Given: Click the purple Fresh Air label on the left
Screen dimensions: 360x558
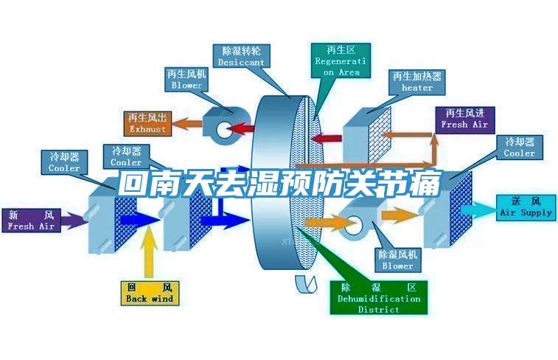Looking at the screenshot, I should click(x=31, y=221).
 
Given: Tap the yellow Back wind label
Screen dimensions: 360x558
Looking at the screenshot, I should click(x=149, y=292).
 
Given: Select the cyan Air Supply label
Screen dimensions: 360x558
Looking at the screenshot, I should click(x=525, y=206).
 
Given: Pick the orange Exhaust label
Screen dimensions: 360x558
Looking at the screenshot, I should click(x=148, y=123).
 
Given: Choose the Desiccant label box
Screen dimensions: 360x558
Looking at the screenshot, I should click(x=241, y=56).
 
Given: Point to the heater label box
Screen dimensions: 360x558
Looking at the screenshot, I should click(x=417, y=81).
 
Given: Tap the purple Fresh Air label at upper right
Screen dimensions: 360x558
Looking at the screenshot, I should click(x=464, y=118).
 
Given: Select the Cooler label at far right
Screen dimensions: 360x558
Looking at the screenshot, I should click(x=519, y=147).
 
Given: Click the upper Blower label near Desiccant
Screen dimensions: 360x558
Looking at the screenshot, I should click(x=186, y=80).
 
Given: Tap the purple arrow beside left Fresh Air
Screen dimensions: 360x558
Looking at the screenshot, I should click(x=72, y=220).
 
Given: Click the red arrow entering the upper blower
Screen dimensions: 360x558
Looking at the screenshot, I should click(x=240, y=129).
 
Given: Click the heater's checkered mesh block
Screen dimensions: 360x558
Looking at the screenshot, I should click(x=380, y=134).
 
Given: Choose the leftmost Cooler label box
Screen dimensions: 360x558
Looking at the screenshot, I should click(x=64, y=162).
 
